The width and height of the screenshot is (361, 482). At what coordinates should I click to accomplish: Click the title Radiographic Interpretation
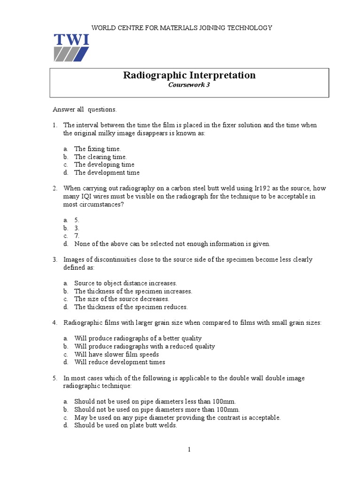[189, 75]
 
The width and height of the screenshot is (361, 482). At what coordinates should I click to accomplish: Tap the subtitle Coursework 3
[189, 85]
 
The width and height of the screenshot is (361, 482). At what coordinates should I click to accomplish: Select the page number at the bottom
[189, 450]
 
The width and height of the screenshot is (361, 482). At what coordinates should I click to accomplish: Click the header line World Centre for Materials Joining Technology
[181, 28]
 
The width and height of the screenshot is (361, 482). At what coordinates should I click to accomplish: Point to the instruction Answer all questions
[84, 110]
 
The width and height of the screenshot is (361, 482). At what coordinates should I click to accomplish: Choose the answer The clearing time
[100, 157]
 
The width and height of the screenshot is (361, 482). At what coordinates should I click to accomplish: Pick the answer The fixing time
[97, 149]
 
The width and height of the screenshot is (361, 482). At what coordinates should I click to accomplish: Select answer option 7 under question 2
[77, 236]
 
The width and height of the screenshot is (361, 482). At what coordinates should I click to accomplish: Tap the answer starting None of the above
[172, 244]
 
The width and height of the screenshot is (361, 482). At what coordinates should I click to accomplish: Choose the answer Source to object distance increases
[126, 283]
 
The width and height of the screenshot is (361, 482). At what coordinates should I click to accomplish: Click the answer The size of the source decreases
[121, 299]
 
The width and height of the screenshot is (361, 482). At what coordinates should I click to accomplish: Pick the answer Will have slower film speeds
[117, 354]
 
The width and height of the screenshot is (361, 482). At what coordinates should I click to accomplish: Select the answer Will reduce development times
[119, 362]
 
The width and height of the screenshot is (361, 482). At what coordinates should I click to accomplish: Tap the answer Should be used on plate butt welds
[126, 426]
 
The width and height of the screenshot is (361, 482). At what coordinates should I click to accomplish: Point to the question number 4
[55, 323]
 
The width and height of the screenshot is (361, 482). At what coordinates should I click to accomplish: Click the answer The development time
[107, 173]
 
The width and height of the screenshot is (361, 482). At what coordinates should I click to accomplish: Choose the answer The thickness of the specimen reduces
[131, 307]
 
